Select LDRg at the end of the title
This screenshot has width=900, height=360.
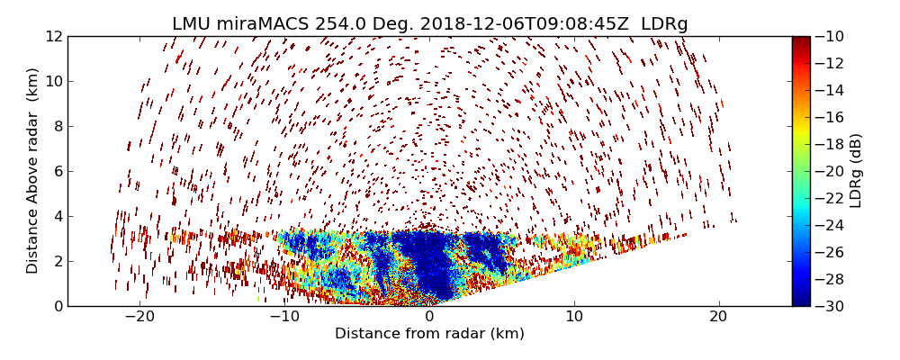click(664, 24)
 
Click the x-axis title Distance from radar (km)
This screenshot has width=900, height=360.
click(429, 334)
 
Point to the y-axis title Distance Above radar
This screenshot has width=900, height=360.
click(33, 171)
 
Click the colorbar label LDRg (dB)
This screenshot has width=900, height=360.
click(856, 171)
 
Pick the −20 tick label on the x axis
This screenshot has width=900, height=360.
click(139, 317)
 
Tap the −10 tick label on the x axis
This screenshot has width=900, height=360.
click(284, 317)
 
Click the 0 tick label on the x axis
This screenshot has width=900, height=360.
click(429, 317)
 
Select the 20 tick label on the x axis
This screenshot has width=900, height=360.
click(718, 317)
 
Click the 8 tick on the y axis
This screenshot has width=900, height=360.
click(56, 126)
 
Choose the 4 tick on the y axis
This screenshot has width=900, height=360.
click(56, 216)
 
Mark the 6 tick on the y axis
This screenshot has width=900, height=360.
click(56, 171)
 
